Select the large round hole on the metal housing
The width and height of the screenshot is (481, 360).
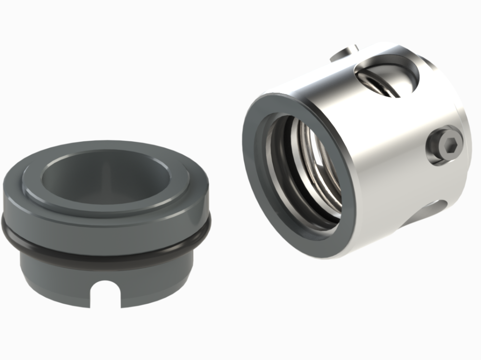click(385, 77)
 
